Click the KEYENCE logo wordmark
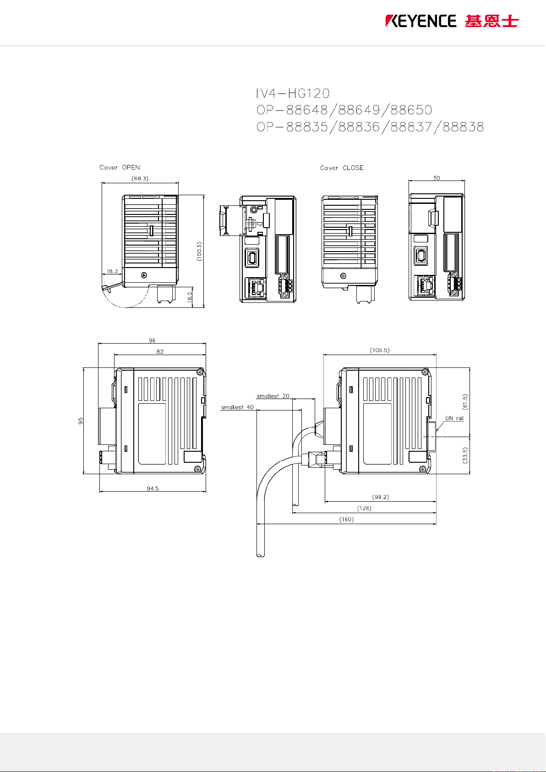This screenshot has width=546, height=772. click(x=420, y=21)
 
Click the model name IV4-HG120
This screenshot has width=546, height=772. click(x=293, y=93)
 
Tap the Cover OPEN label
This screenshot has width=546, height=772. click(x=120, y=167)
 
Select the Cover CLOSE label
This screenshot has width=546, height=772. click(x=342, y=168)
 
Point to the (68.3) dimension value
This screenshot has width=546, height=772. click(x=140, y=179)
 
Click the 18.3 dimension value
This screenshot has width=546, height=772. click(x=112, y=271)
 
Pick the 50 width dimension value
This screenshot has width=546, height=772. click(x=437, y=178)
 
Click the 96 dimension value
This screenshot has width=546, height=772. click(x=152, y=340)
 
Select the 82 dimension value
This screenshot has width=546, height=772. click(x=160, y=351)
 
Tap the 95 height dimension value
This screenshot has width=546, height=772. click(x=81, y=421)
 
